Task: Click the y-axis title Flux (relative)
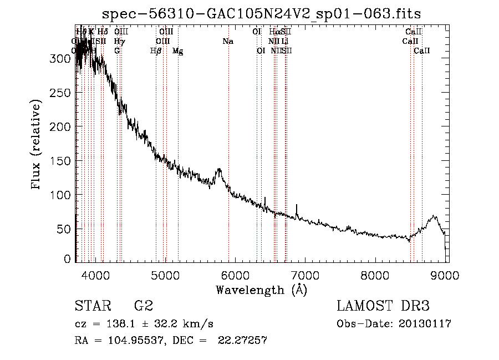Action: (x=37, y=144)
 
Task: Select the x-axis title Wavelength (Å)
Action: (x=261, y=290)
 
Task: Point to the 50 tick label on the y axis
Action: (x=65, y=229)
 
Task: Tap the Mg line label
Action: (x=178, y=51)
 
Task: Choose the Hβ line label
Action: (x=156, y=51)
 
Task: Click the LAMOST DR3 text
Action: (x=383, y=306)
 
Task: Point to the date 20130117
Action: (x=425, y=324)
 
